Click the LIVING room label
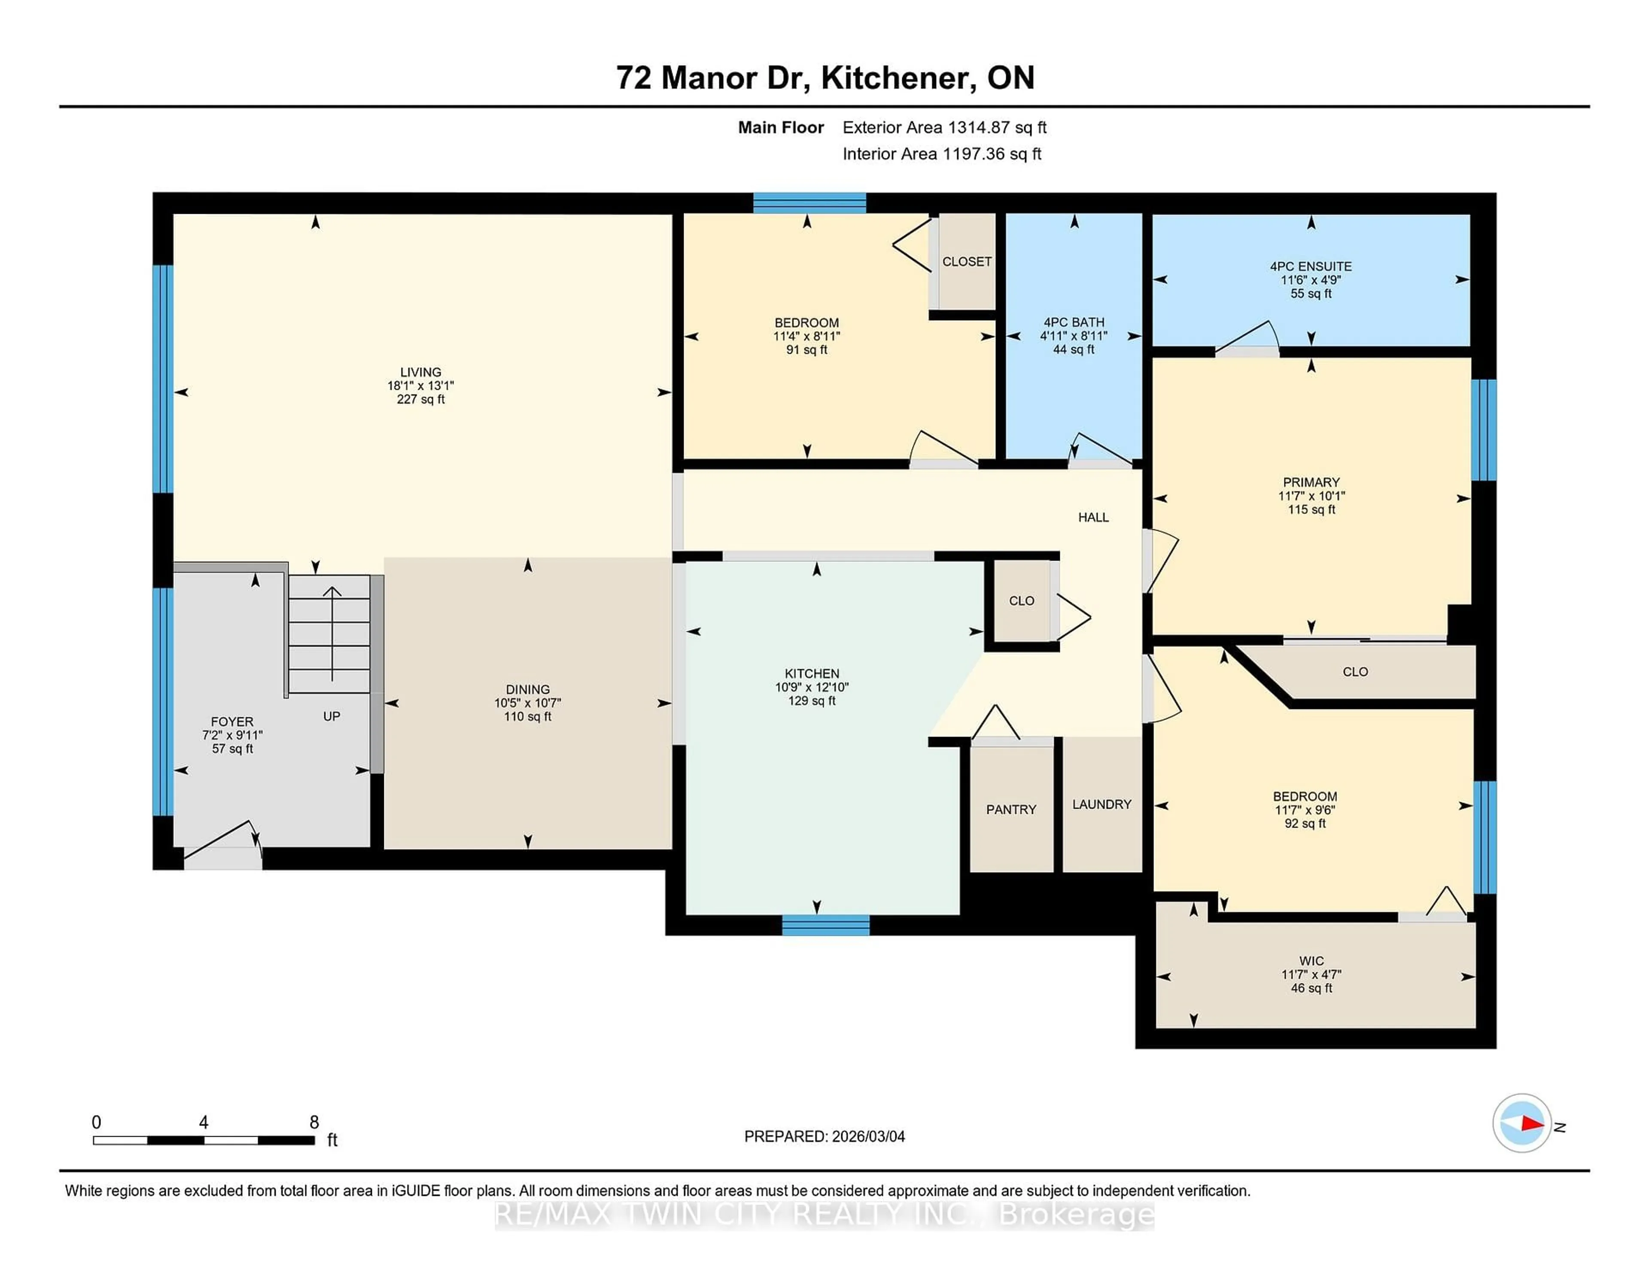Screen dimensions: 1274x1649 point(420,372)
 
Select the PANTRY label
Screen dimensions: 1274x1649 point(1011,810)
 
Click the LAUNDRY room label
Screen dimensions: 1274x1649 point(1101,804)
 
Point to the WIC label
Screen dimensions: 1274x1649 point(1311,961)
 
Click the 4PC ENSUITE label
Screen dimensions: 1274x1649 point(1311,267)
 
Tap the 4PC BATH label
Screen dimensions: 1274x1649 point(1074,322)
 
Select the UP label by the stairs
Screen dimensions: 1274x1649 point(332,716)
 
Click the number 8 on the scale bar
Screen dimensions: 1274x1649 point(314,1122)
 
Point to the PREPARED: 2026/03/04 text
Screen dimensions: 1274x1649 point(824,1137)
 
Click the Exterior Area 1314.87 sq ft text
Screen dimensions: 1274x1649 point(945,127)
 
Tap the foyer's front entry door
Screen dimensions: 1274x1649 point(223,857)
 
